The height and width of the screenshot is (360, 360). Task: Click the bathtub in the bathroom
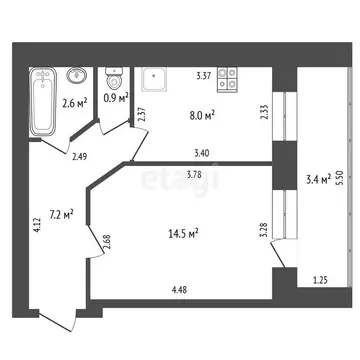pos(43,102)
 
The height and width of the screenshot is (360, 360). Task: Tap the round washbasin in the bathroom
pos(74,75)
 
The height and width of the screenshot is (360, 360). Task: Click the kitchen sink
pos(155,77)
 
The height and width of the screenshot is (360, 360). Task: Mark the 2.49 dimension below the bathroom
pos(81,155)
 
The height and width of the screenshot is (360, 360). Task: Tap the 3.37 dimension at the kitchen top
pos(202,74)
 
